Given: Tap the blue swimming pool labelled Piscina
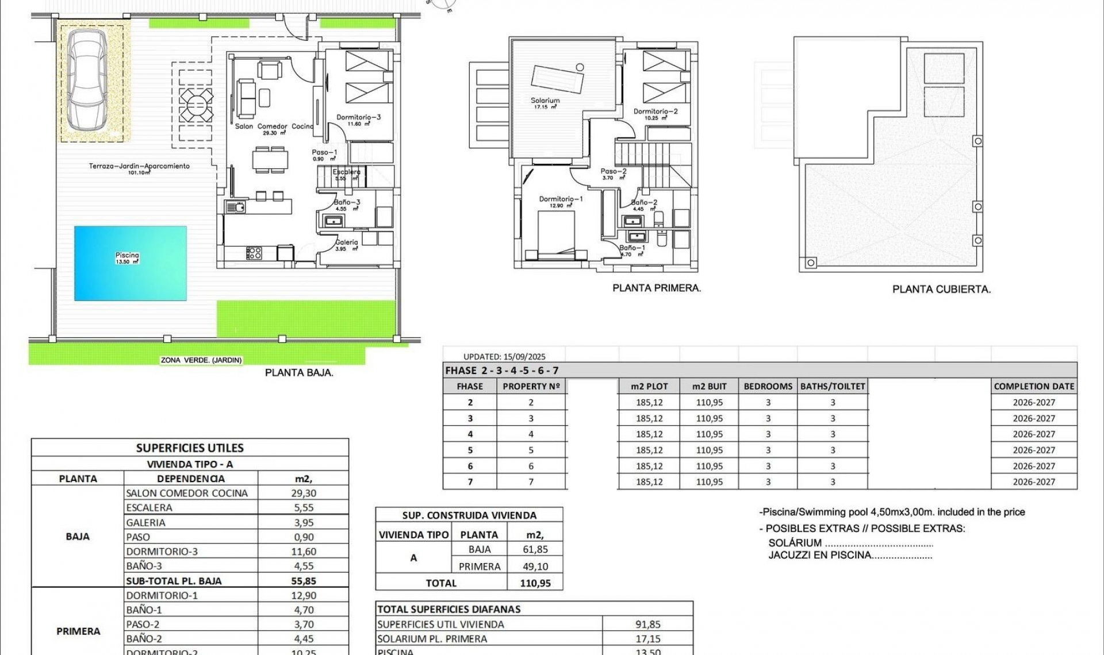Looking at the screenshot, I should point(130,263).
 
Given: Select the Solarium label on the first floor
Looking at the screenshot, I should point(545,101).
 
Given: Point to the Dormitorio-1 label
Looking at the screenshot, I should point(561,199).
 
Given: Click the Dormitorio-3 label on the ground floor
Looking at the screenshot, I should point(358,117).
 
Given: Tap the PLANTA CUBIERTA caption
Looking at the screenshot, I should point(941,290).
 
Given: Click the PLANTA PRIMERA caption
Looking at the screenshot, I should point(657,288).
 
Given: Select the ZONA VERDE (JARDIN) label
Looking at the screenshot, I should point(201,360).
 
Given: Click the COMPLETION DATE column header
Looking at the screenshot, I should point(1034,387).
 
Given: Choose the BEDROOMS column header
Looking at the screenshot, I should point(768,387).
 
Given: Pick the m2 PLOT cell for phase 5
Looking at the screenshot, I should point(649,450).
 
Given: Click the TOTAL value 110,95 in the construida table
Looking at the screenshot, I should point(535,583).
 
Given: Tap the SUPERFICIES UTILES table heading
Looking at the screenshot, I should point(190,448).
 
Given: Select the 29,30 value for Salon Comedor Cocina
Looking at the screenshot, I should point(304,493).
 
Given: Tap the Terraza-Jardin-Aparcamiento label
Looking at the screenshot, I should point(139,166).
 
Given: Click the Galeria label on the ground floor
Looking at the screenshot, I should point(347,242).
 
